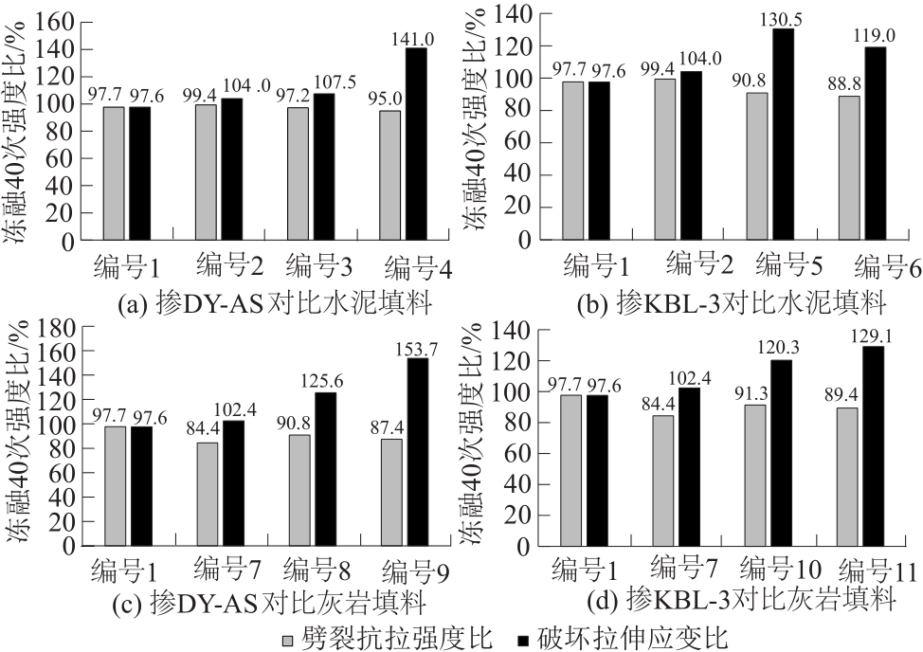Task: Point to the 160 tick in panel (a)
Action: click(x=59, y=20)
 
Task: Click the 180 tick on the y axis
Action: click(x=59, y=329)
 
